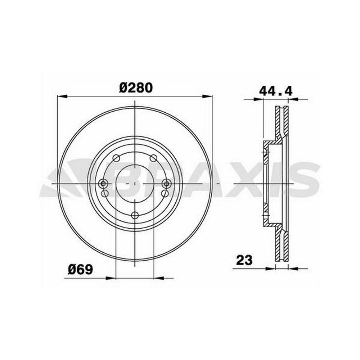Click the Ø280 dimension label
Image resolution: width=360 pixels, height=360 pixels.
point(136,88)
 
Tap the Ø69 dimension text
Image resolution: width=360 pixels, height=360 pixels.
point(80,269)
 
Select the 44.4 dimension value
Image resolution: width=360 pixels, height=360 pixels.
point(275,91)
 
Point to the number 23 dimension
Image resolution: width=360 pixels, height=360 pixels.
point(244,260)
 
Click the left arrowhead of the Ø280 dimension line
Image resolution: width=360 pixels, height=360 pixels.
point(62,96)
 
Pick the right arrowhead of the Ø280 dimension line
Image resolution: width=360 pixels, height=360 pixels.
point(207,96)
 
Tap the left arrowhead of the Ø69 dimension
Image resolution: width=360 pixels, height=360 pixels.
point(111,278)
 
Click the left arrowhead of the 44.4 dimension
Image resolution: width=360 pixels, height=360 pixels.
point(258,99)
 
